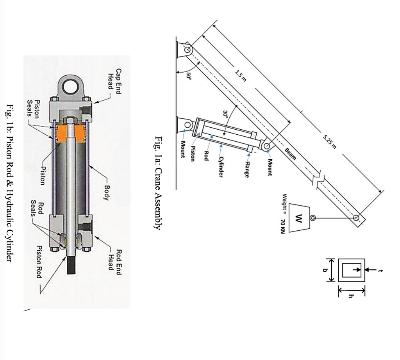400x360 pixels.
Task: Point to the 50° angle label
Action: tap(189, 75)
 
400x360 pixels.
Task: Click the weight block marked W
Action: tap(299, 217)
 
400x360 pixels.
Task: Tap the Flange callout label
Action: tap(246, 169)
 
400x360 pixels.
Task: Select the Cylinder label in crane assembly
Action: tap(221, 167)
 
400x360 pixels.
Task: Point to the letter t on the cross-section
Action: tap(381, 269)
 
